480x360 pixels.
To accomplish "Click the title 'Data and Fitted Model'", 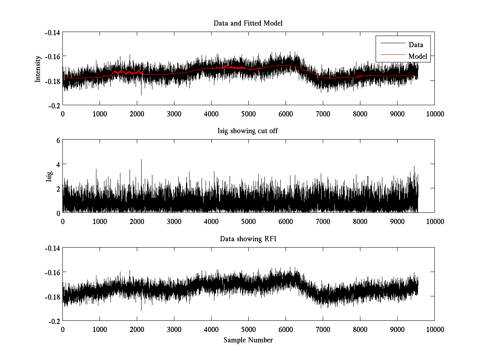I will (248, 23).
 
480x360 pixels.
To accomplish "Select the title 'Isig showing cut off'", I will (248, 131).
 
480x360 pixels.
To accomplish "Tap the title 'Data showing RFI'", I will (248, 239).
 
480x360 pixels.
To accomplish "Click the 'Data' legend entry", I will (416, 45).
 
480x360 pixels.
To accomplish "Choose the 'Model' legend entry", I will (418, 56).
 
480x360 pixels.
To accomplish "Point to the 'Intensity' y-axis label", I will (38, 68).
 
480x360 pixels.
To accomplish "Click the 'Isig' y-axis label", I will (49, 176).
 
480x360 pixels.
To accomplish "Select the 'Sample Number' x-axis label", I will (248, 340).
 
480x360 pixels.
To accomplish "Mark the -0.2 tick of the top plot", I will (54, 105).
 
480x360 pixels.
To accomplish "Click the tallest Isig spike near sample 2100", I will (141, 160).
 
